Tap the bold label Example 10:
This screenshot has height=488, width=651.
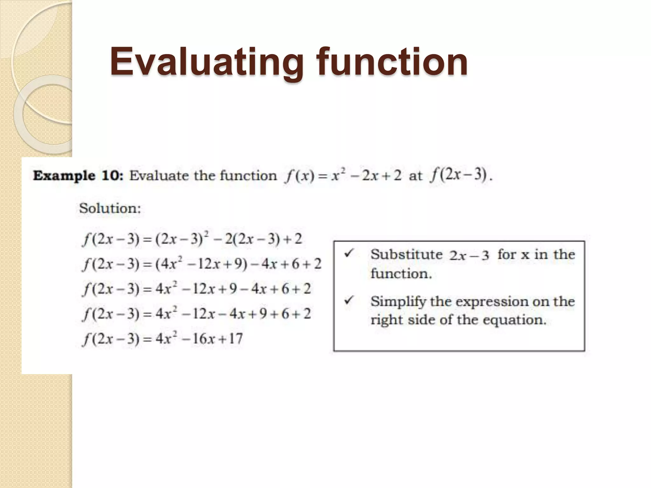tap(78, 176)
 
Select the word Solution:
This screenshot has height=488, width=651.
tap(110, 208)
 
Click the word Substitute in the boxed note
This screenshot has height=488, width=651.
tap(407, 254)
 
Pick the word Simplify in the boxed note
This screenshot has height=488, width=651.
tap(398, 302)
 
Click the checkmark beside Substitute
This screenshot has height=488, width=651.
tap(349, 253)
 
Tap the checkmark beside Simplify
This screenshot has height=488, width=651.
tap(349, 300)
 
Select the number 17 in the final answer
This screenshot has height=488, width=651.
tap(236, 339)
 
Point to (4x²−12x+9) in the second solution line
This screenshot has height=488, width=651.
tap(201, 264)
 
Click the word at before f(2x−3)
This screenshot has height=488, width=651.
tap(415, 176)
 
